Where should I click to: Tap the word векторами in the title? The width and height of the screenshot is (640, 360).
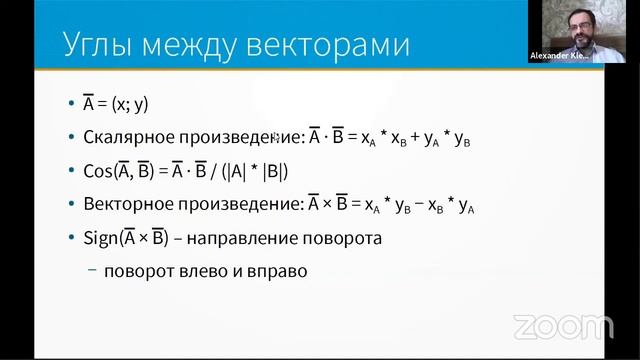click(331, 44)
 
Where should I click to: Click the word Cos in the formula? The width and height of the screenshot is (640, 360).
click(98, 171)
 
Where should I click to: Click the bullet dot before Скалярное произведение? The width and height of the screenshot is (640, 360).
click(71, 138)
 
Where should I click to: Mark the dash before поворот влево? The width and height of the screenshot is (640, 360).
click(93, 270)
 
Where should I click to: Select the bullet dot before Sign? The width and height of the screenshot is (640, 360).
click(71, 240)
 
